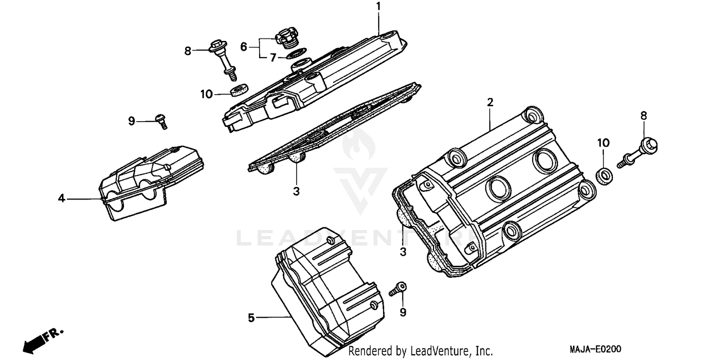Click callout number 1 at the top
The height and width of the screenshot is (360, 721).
tap(378, 7)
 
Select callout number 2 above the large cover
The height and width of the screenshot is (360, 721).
tap(490, 102)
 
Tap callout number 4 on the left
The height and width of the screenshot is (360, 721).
tap(62, 198)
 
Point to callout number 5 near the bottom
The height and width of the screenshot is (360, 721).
tap(251, 317)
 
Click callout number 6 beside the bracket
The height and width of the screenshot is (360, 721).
tap(244, 47)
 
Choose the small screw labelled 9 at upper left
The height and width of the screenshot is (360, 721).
tap(162, 121)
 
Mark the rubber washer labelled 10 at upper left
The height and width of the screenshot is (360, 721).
tap(238, 89)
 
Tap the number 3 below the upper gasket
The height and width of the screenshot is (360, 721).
tap(296, 191)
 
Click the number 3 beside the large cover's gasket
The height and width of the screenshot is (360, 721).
tap(403, 251)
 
